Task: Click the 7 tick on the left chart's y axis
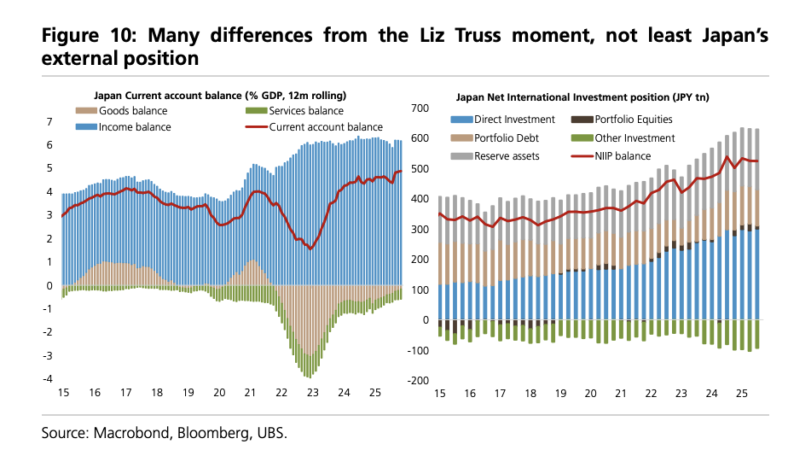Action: coord(49,122)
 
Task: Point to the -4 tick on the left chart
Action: coord(48,379)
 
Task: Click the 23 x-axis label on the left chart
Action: coord(313,393)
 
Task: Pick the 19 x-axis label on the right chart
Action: coord(560,393)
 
